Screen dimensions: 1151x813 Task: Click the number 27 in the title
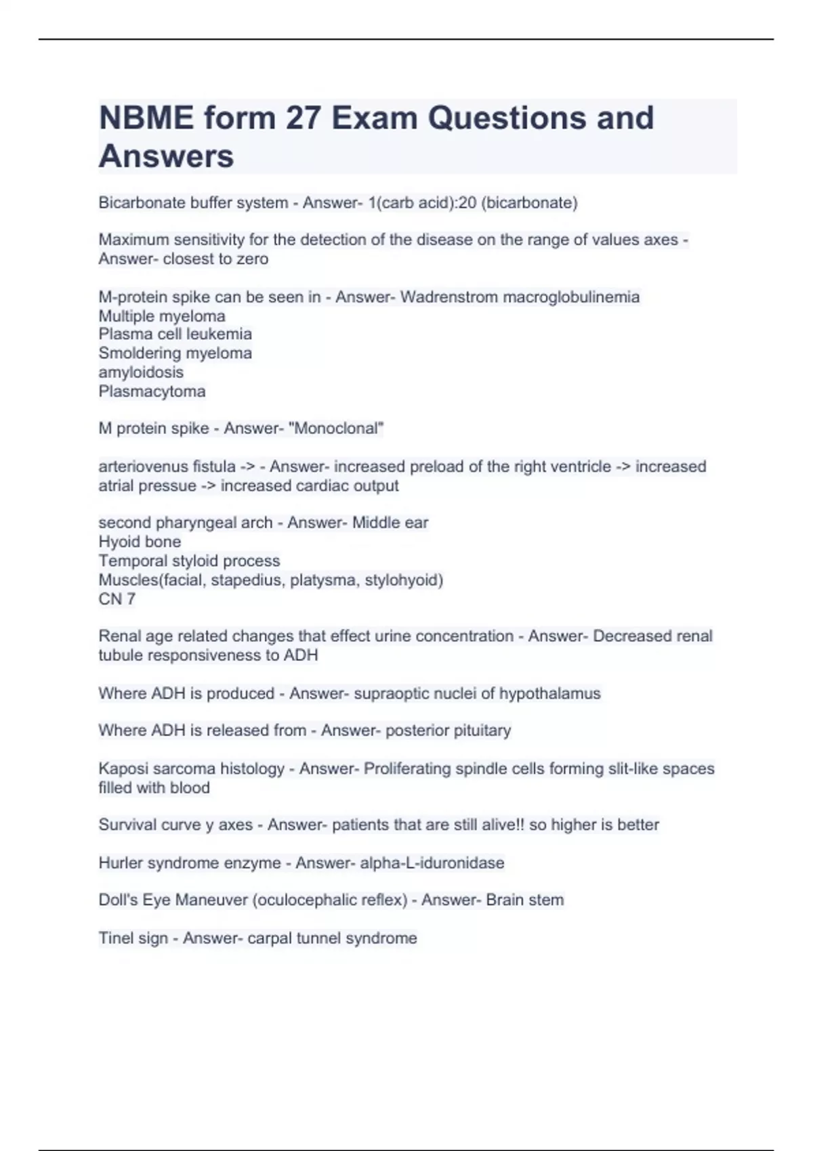tap(303, 118)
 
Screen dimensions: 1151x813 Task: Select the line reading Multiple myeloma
tap(162, 316)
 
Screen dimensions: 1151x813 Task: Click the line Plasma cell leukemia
tap(175, 334)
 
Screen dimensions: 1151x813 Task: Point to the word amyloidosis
tap(141, 372)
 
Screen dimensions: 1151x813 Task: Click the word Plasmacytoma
tap(152, 391)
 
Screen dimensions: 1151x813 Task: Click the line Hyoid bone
tap(140, 542)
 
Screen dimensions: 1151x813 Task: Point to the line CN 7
tap(117, 599)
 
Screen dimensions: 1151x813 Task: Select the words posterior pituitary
tap(448, 730)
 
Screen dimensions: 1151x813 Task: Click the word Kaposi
tap(122, 768)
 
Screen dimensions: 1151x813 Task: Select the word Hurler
tap(120, 863)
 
